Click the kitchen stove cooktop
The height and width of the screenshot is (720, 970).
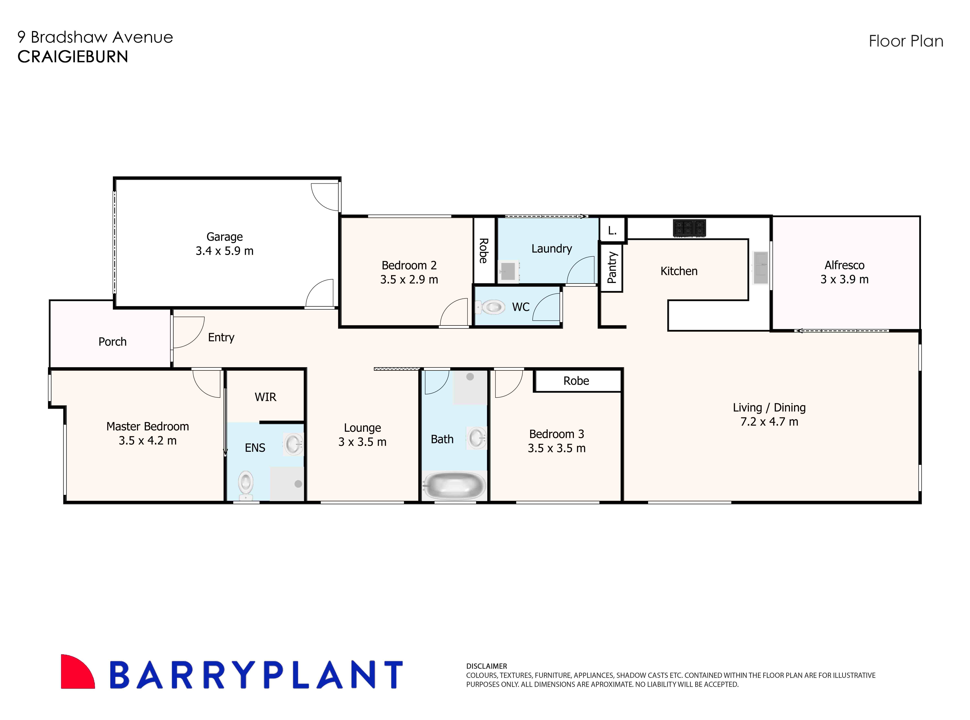tap(689, 228)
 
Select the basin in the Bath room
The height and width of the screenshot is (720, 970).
tap(476, 438)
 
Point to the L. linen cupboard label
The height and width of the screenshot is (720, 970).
tap(612, 231)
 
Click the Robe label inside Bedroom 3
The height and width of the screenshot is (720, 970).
tap(576, 381)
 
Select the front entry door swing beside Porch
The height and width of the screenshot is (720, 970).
tap(187, 332)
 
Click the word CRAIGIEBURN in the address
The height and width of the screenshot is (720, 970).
tap(73, 57)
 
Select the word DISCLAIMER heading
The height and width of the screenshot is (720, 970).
tap(486, 666)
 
